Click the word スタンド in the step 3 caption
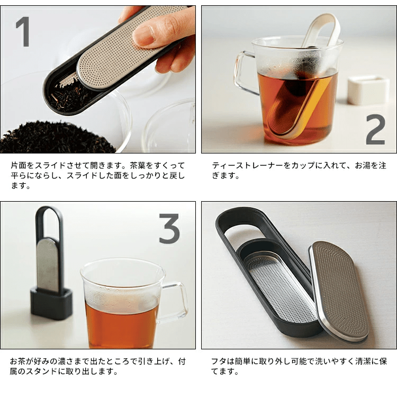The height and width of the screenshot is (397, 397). point(46,372)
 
